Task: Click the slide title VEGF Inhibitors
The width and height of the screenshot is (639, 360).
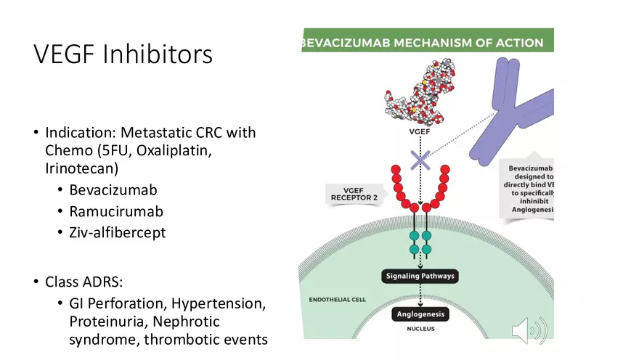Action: (123, 54)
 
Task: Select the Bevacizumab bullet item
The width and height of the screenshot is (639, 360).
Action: (113, 190)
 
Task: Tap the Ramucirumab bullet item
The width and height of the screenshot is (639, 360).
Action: (116, 212)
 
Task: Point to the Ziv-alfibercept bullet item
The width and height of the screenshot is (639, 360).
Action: (117, 233)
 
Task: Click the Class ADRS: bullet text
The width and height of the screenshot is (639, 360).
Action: (86, 281)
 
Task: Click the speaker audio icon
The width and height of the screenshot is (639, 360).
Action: (529, 330)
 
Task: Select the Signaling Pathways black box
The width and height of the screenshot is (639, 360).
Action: (420, 277)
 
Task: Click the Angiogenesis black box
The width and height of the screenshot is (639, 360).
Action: (420, 314)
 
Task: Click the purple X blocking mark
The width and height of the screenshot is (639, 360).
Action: (420, 158)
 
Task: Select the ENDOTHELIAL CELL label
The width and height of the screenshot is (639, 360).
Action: (338, 299)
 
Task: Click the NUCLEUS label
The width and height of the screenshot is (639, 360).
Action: (420, 329)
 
